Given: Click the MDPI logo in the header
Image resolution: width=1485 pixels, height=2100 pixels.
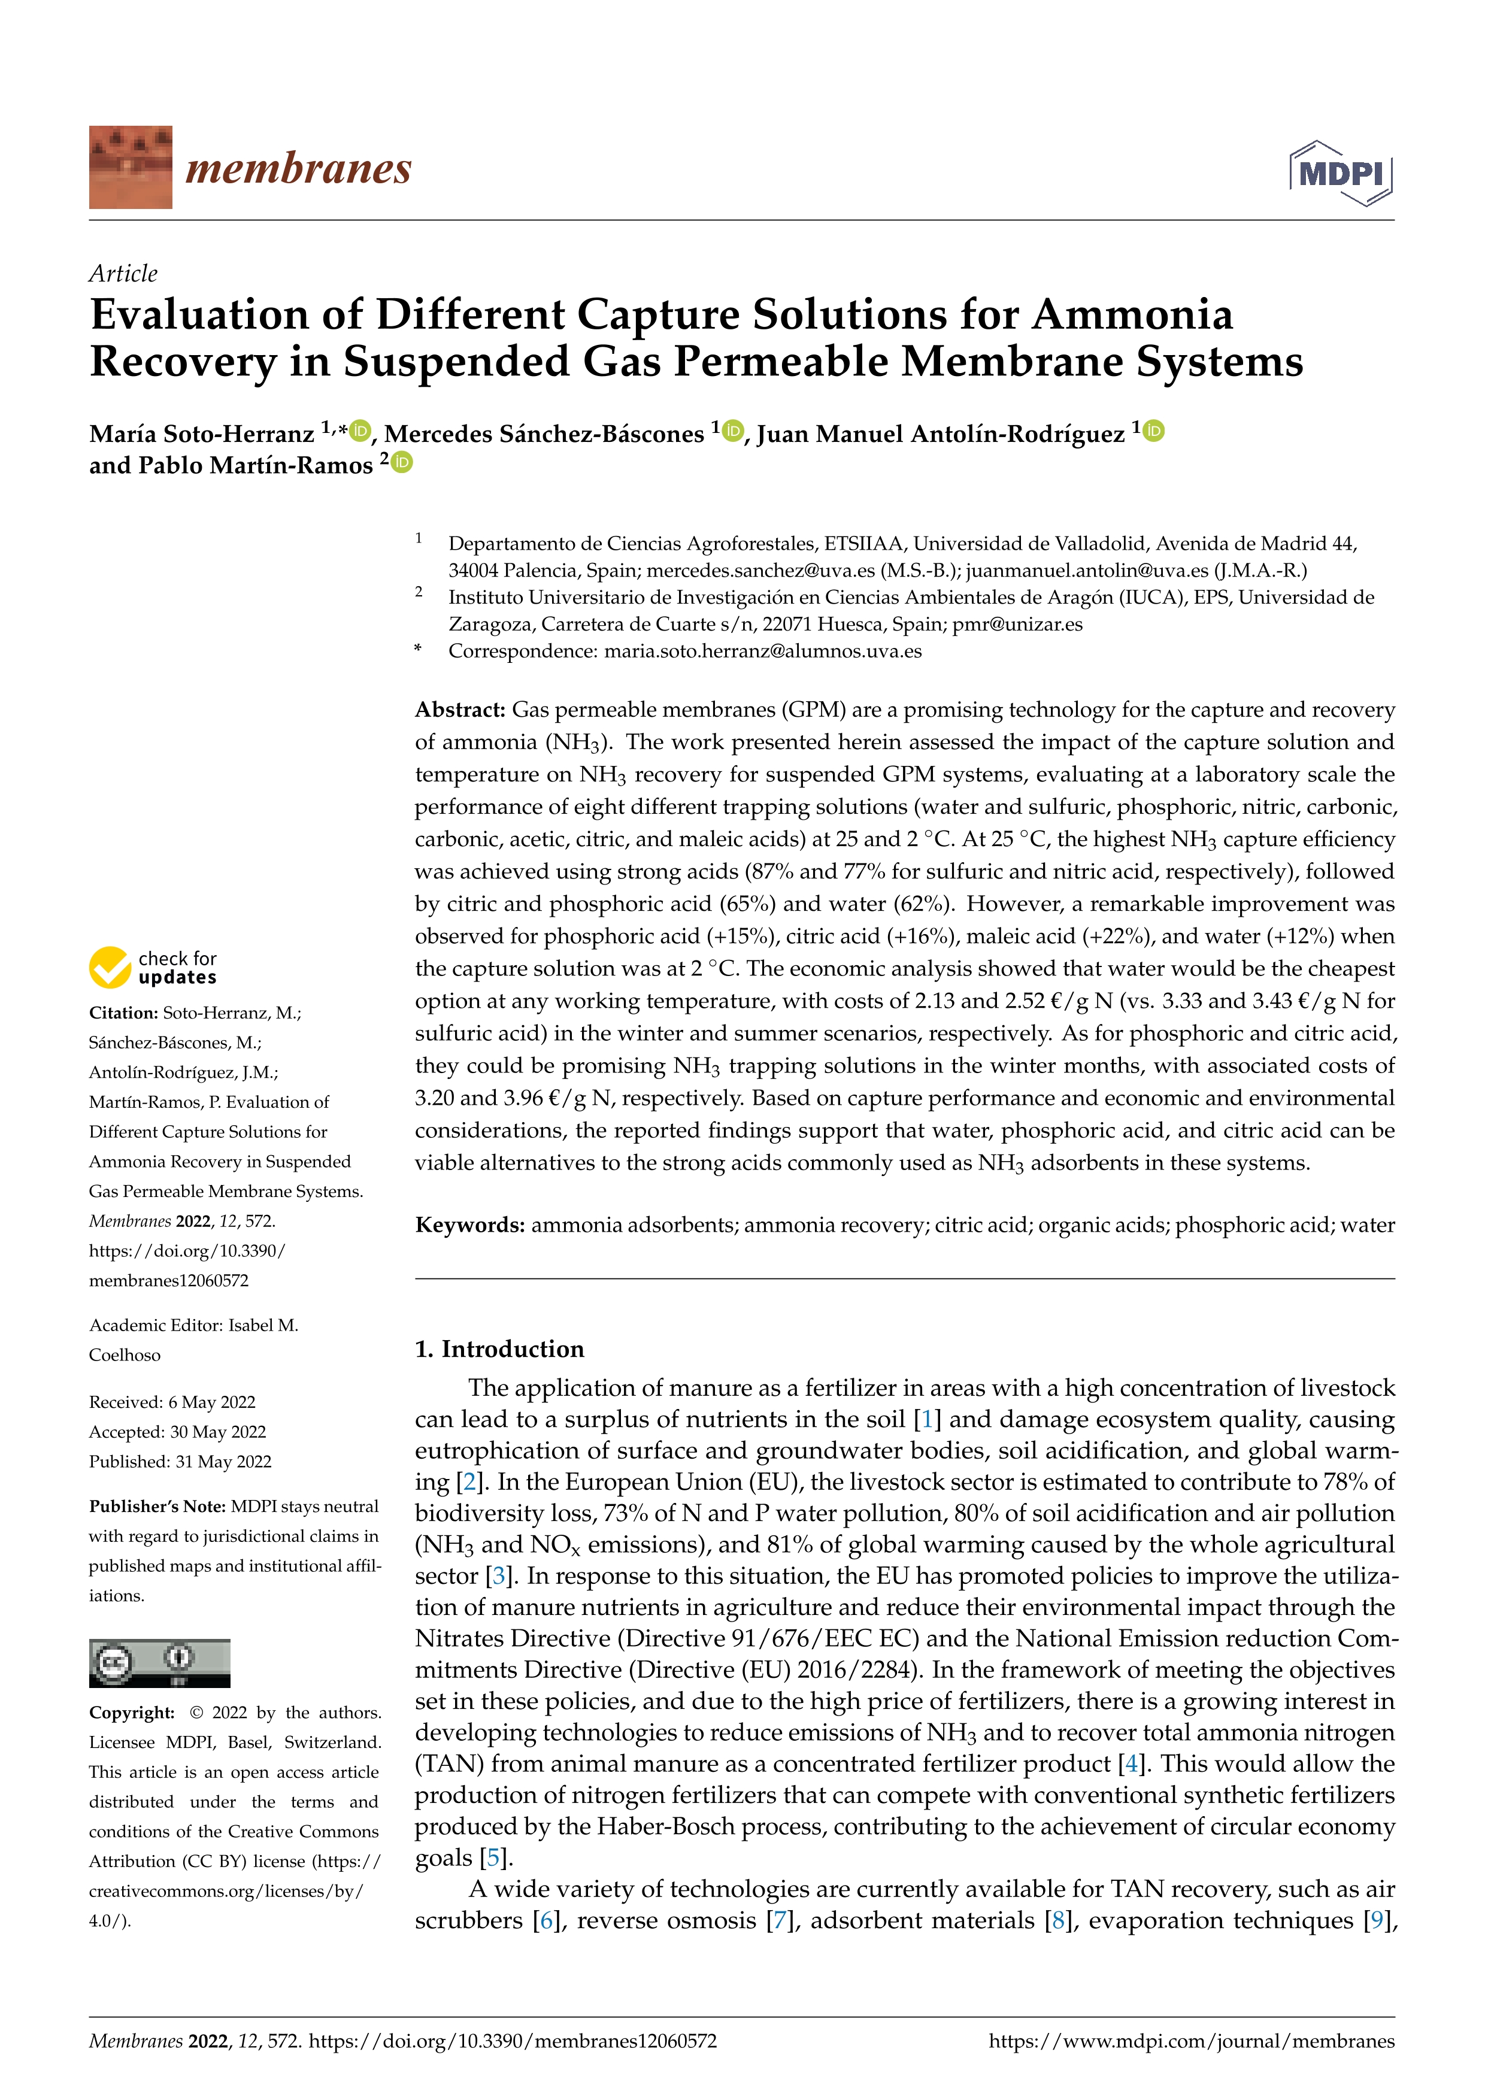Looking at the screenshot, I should (1341, 173).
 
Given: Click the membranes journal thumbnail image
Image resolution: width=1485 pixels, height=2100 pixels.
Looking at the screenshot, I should (130, 168).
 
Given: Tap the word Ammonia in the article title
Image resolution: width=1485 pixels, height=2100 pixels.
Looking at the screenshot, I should (1132, 316).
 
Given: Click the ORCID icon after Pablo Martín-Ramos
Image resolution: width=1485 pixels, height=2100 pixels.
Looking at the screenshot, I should (402, 463).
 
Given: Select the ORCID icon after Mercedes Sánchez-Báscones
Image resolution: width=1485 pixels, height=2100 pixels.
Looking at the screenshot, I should (732, 431).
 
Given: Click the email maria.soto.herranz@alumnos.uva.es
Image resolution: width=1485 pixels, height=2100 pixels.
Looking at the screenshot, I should (763, 651).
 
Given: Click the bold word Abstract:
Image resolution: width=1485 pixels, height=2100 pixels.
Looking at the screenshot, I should (460, 710).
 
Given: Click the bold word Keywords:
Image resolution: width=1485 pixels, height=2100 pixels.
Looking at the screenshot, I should (469, 1225).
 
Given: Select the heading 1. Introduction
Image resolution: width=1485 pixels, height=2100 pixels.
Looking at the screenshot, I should (499, 1349).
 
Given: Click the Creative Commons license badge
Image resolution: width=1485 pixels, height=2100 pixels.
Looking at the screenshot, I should (159, 1663).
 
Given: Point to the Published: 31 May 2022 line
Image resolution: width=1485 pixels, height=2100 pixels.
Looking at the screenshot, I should (180, 1462).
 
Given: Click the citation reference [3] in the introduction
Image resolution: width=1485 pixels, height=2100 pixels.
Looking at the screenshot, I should (498, 1576).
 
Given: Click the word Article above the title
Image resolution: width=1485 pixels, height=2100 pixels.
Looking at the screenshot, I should (123, 274).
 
